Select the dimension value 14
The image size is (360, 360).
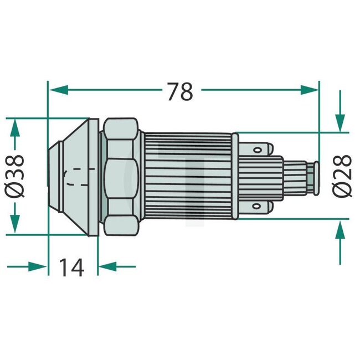click(72, 268)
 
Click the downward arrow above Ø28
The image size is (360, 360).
click(339, 119)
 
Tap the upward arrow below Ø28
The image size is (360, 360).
click(339, 233)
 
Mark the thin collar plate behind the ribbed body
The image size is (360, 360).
click(235, 176)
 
